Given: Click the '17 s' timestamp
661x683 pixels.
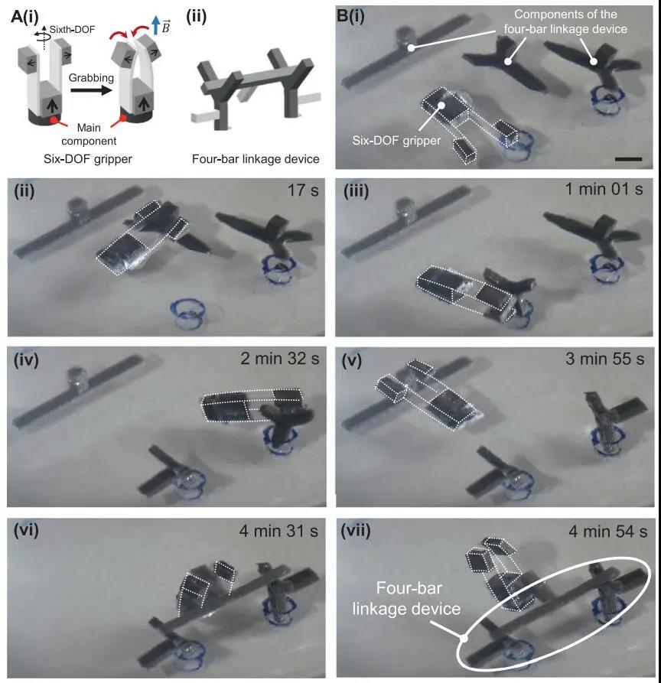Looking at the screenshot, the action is point(303,190).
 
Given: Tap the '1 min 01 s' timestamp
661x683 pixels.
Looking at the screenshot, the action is point(604,189).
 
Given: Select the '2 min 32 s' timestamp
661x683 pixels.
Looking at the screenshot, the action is point(280,359).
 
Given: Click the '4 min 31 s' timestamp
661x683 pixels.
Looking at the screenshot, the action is point(278,531).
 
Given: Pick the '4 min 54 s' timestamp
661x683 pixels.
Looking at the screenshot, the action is point(608,532).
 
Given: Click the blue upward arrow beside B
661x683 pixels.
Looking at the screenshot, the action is point(155,24).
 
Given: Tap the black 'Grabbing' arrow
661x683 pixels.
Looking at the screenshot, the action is point(90,90).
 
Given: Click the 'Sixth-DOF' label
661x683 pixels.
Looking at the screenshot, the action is point(72,30).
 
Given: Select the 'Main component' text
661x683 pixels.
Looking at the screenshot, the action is point(89,134).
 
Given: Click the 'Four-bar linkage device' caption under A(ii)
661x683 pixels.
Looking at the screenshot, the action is point(256,159).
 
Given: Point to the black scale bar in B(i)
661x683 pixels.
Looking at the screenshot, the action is point(628,159).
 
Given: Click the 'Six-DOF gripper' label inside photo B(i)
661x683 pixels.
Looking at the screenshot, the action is point(396,141).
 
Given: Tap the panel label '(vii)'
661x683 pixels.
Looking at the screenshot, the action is point(356,530).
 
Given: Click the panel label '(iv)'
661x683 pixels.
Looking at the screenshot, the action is point(26,359).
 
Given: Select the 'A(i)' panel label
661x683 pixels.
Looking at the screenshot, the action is point(24,17).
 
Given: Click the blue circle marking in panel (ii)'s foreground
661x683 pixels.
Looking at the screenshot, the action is point(187,312).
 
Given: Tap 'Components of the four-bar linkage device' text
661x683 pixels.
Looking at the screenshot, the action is point(565,21).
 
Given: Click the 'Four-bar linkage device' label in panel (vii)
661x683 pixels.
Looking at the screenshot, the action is point(406,598).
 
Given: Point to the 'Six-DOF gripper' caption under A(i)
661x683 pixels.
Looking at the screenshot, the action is point(87,158).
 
